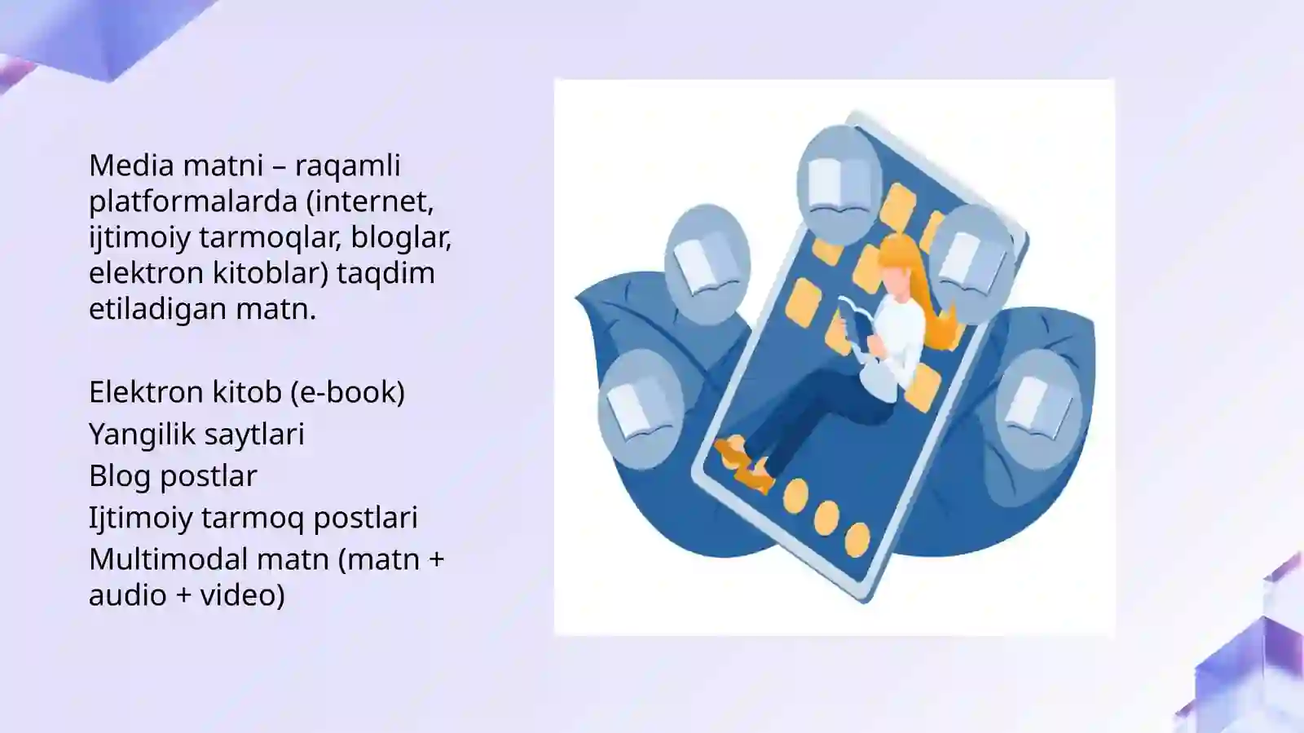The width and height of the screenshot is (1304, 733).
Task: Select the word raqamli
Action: [x=347, y=166]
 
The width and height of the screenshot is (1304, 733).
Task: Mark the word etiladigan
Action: [x=158, y=309]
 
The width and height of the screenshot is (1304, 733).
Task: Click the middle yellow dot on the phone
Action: [x=826, y=517]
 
